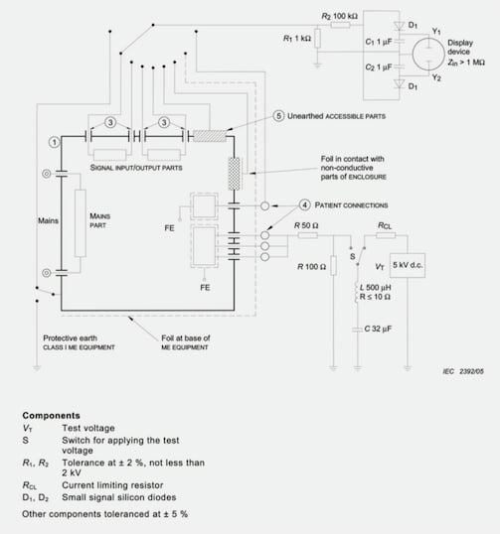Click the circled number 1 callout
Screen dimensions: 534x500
point(53,142)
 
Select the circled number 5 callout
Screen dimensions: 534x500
point(280,116)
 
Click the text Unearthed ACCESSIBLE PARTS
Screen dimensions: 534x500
point(338,116)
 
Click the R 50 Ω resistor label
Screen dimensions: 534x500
point(305,226)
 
